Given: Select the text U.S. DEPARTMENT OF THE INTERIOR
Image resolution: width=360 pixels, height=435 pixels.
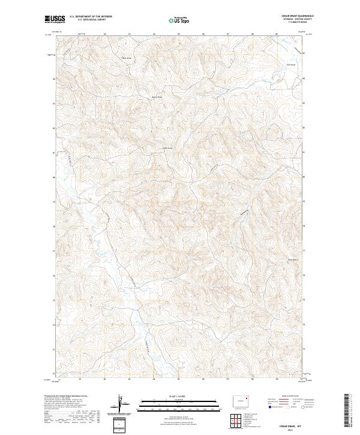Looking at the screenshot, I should click(91, 17).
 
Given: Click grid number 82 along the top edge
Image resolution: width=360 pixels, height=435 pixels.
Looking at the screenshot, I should click(104, 34).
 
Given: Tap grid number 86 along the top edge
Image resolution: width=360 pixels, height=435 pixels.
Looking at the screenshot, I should click(203, 34).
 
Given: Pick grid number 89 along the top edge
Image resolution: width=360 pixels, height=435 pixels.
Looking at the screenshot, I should click(277, 34).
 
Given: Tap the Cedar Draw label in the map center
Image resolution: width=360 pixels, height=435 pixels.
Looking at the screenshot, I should click(167, 148).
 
